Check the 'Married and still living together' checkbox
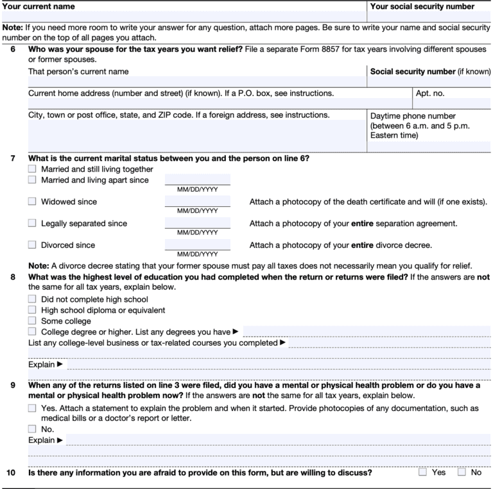click(32, 169)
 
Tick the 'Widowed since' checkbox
click(32, 202)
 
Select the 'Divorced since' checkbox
click(32, 245)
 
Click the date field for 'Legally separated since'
click(197, 223)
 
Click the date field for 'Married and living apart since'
click(197, 180)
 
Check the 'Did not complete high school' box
click(32, 299)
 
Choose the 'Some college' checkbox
click(32, 321)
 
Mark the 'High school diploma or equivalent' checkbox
click(32, 310)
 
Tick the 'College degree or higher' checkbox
click(32, 332)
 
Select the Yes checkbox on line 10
click(422, 473)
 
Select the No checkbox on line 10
click(462, 473)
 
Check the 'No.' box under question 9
click(32, 429)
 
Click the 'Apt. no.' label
click(431, 93)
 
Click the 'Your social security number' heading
click(422, 6)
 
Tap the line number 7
click(12, 158)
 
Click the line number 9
click(12, 386)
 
